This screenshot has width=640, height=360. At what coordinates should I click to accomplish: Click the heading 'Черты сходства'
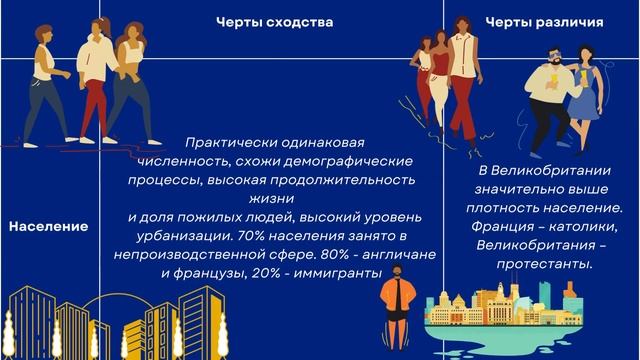coord(275,21)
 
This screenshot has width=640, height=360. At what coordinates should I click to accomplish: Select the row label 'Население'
coord(48,227)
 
